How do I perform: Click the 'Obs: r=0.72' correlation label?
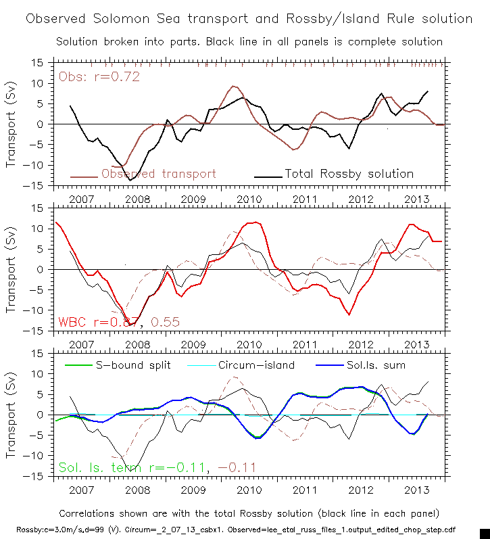click(x=99, y=76)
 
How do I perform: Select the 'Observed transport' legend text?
click(x=159, y=174)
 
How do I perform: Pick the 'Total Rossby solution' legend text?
click(x=349, y=174)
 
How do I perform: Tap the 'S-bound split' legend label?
click(x=132, y=365)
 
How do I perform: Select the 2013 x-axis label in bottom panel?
click(x=416, y=489)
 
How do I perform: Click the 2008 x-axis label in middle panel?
click(x=138, y=344)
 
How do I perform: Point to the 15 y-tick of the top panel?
click(x=39, y=62)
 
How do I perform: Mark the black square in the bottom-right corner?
click(x=484, y=533)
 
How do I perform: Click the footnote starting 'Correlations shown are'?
click(x=249, y=513)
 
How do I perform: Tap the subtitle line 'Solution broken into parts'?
click(x=249, y=41)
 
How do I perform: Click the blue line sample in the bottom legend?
click(x=332, y=365)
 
